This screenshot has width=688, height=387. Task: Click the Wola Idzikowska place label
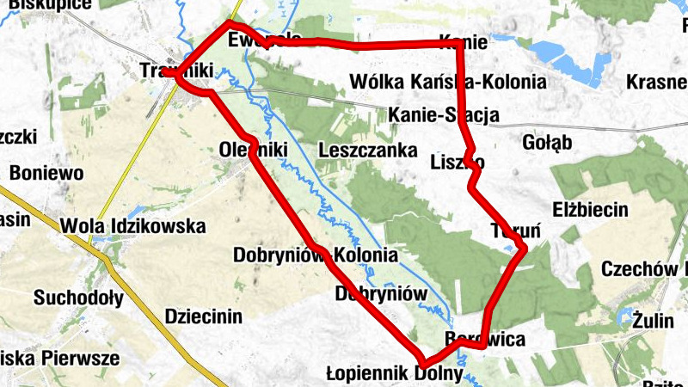133,226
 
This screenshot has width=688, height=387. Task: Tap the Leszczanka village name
367,149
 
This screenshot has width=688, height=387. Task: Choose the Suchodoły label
78,298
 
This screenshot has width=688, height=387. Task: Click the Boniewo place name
46,173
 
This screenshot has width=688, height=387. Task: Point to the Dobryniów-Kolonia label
316,255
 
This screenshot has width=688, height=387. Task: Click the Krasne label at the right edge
657,82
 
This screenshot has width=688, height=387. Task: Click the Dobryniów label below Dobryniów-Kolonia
381,293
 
